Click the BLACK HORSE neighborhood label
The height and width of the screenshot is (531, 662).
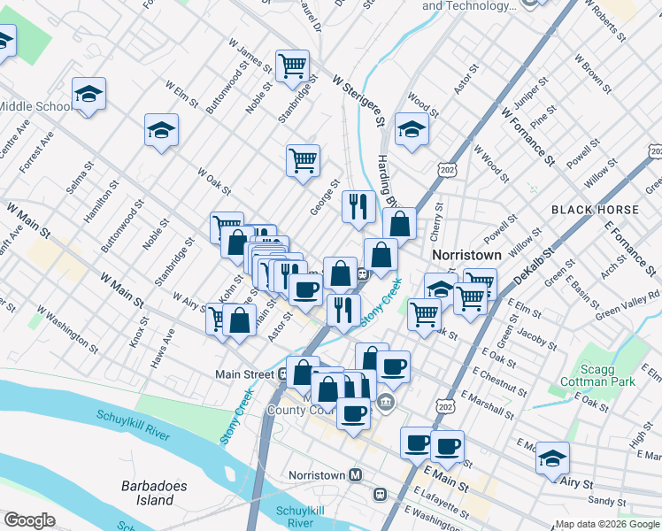pos(594,210)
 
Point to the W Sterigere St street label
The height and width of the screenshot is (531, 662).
pos(361,98)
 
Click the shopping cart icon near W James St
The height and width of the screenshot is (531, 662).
pos(292,65)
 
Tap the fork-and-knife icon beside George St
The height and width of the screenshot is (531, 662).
pos(358,207)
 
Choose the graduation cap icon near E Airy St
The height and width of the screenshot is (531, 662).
pos(552,458)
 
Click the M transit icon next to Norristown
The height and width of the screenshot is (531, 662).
pos(356,475)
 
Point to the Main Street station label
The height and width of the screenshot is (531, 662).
pos(244,374)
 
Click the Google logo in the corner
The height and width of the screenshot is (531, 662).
pos(29,520)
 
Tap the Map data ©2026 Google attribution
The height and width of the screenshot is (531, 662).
pos(607,524)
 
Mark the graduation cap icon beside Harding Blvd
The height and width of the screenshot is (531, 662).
pos(411,128)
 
